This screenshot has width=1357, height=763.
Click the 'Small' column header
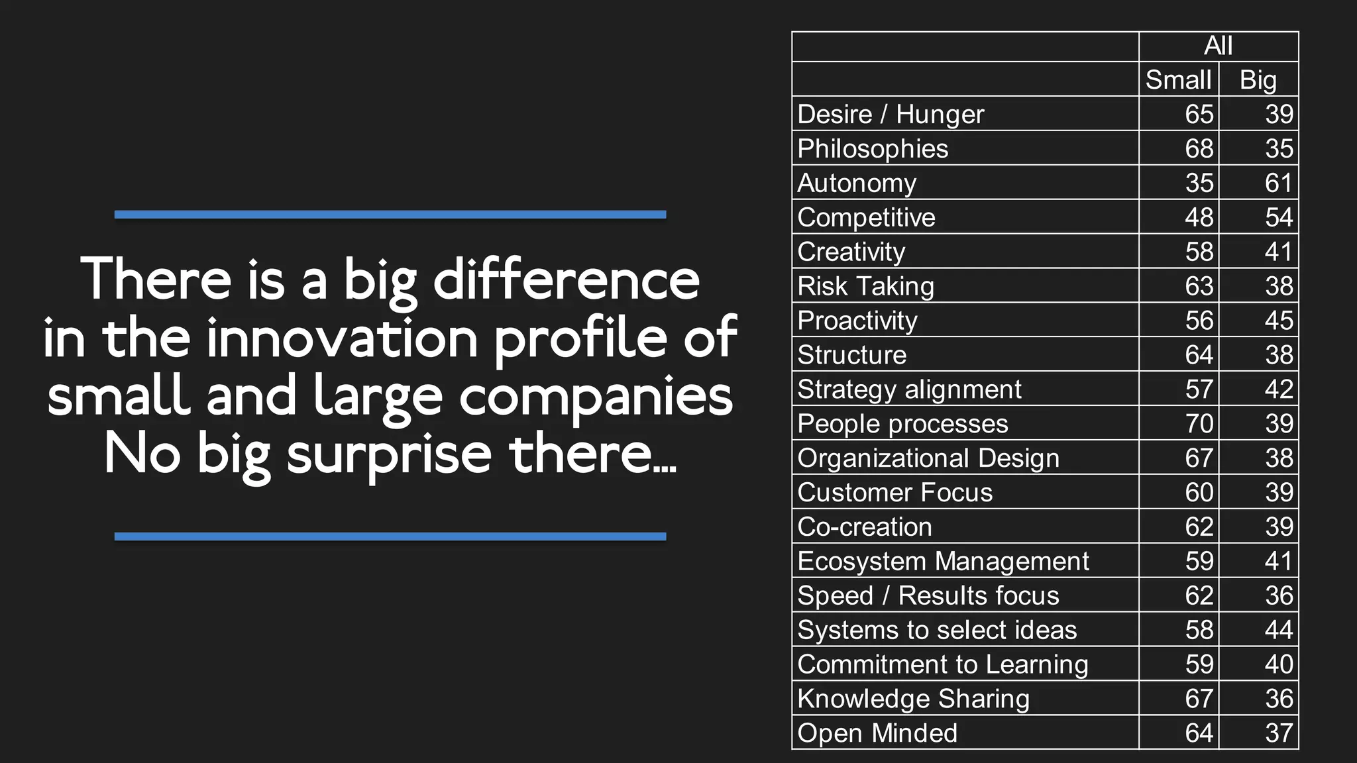[1178, 79]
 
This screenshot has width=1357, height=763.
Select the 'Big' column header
[1258, 79]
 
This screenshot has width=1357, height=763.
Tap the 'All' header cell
[1218, 46]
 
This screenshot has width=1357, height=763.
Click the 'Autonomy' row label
[857, 183]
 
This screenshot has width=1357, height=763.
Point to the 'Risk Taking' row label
[865, 286]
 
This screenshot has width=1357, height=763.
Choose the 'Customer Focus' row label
[895, 492]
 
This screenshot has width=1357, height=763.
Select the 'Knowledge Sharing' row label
[913, 699]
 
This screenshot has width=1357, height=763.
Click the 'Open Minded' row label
[877, 733]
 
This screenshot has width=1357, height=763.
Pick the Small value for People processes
[1199, 424]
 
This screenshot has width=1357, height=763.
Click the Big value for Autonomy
[1278, 183]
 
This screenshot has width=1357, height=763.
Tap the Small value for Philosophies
[1199, 148]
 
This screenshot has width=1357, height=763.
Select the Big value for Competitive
[1278, 217]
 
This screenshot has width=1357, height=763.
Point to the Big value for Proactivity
[1278, 321]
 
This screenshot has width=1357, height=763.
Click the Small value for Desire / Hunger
[1199, 114]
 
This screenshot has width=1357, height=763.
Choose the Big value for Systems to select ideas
[1278, 630]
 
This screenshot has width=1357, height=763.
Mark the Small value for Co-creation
[1199, 527]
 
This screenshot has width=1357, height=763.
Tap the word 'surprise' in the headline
[389, 455]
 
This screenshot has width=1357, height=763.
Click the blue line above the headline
[390, 215]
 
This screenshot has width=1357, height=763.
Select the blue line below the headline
[390, 536]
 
